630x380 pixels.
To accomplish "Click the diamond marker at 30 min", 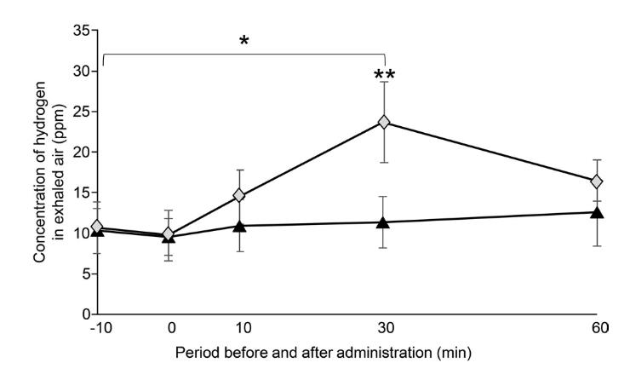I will (x=384, y=123).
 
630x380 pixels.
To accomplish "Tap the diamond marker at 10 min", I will (x=239, y=195).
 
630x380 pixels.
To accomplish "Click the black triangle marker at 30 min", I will (x=384, y=222).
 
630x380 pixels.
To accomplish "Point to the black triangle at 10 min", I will (x=239, y=226).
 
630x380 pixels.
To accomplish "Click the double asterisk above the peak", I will (x=384, y=77).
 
